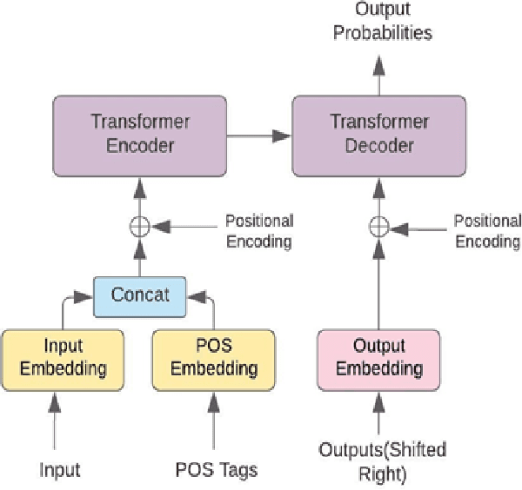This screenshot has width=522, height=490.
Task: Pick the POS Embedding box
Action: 214,358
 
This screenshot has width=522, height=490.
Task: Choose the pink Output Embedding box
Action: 378,358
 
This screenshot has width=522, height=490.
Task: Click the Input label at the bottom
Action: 59,470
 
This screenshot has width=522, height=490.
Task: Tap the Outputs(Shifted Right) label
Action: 383,461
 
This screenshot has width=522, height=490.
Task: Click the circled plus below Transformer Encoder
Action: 139,228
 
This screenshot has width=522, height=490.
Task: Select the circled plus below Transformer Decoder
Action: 378,227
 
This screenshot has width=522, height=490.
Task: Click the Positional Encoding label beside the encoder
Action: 259,231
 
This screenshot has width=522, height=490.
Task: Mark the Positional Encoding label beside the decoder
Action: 487,231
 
